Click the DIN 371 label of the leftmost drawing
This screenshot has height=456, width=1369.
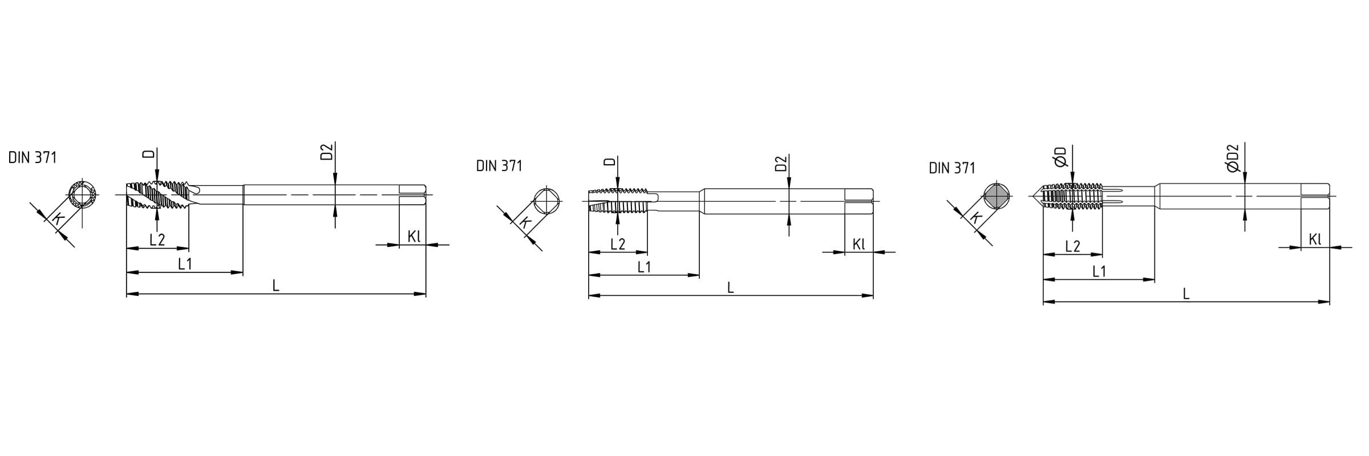33,158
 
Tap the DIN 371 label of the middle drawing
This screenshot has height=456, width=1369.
499,166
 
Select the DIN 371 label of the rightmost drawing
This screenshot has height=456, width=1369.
952,168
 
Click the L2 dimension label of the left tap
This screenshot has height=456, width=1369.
157,240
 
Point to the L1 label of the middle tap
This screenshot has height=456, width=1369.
644,267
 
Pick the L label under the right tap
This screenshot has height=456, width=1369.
1186,294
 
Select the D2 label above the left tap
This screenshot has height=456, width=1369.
326,153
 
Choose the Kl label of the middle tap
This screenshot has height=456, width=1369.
859,244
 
